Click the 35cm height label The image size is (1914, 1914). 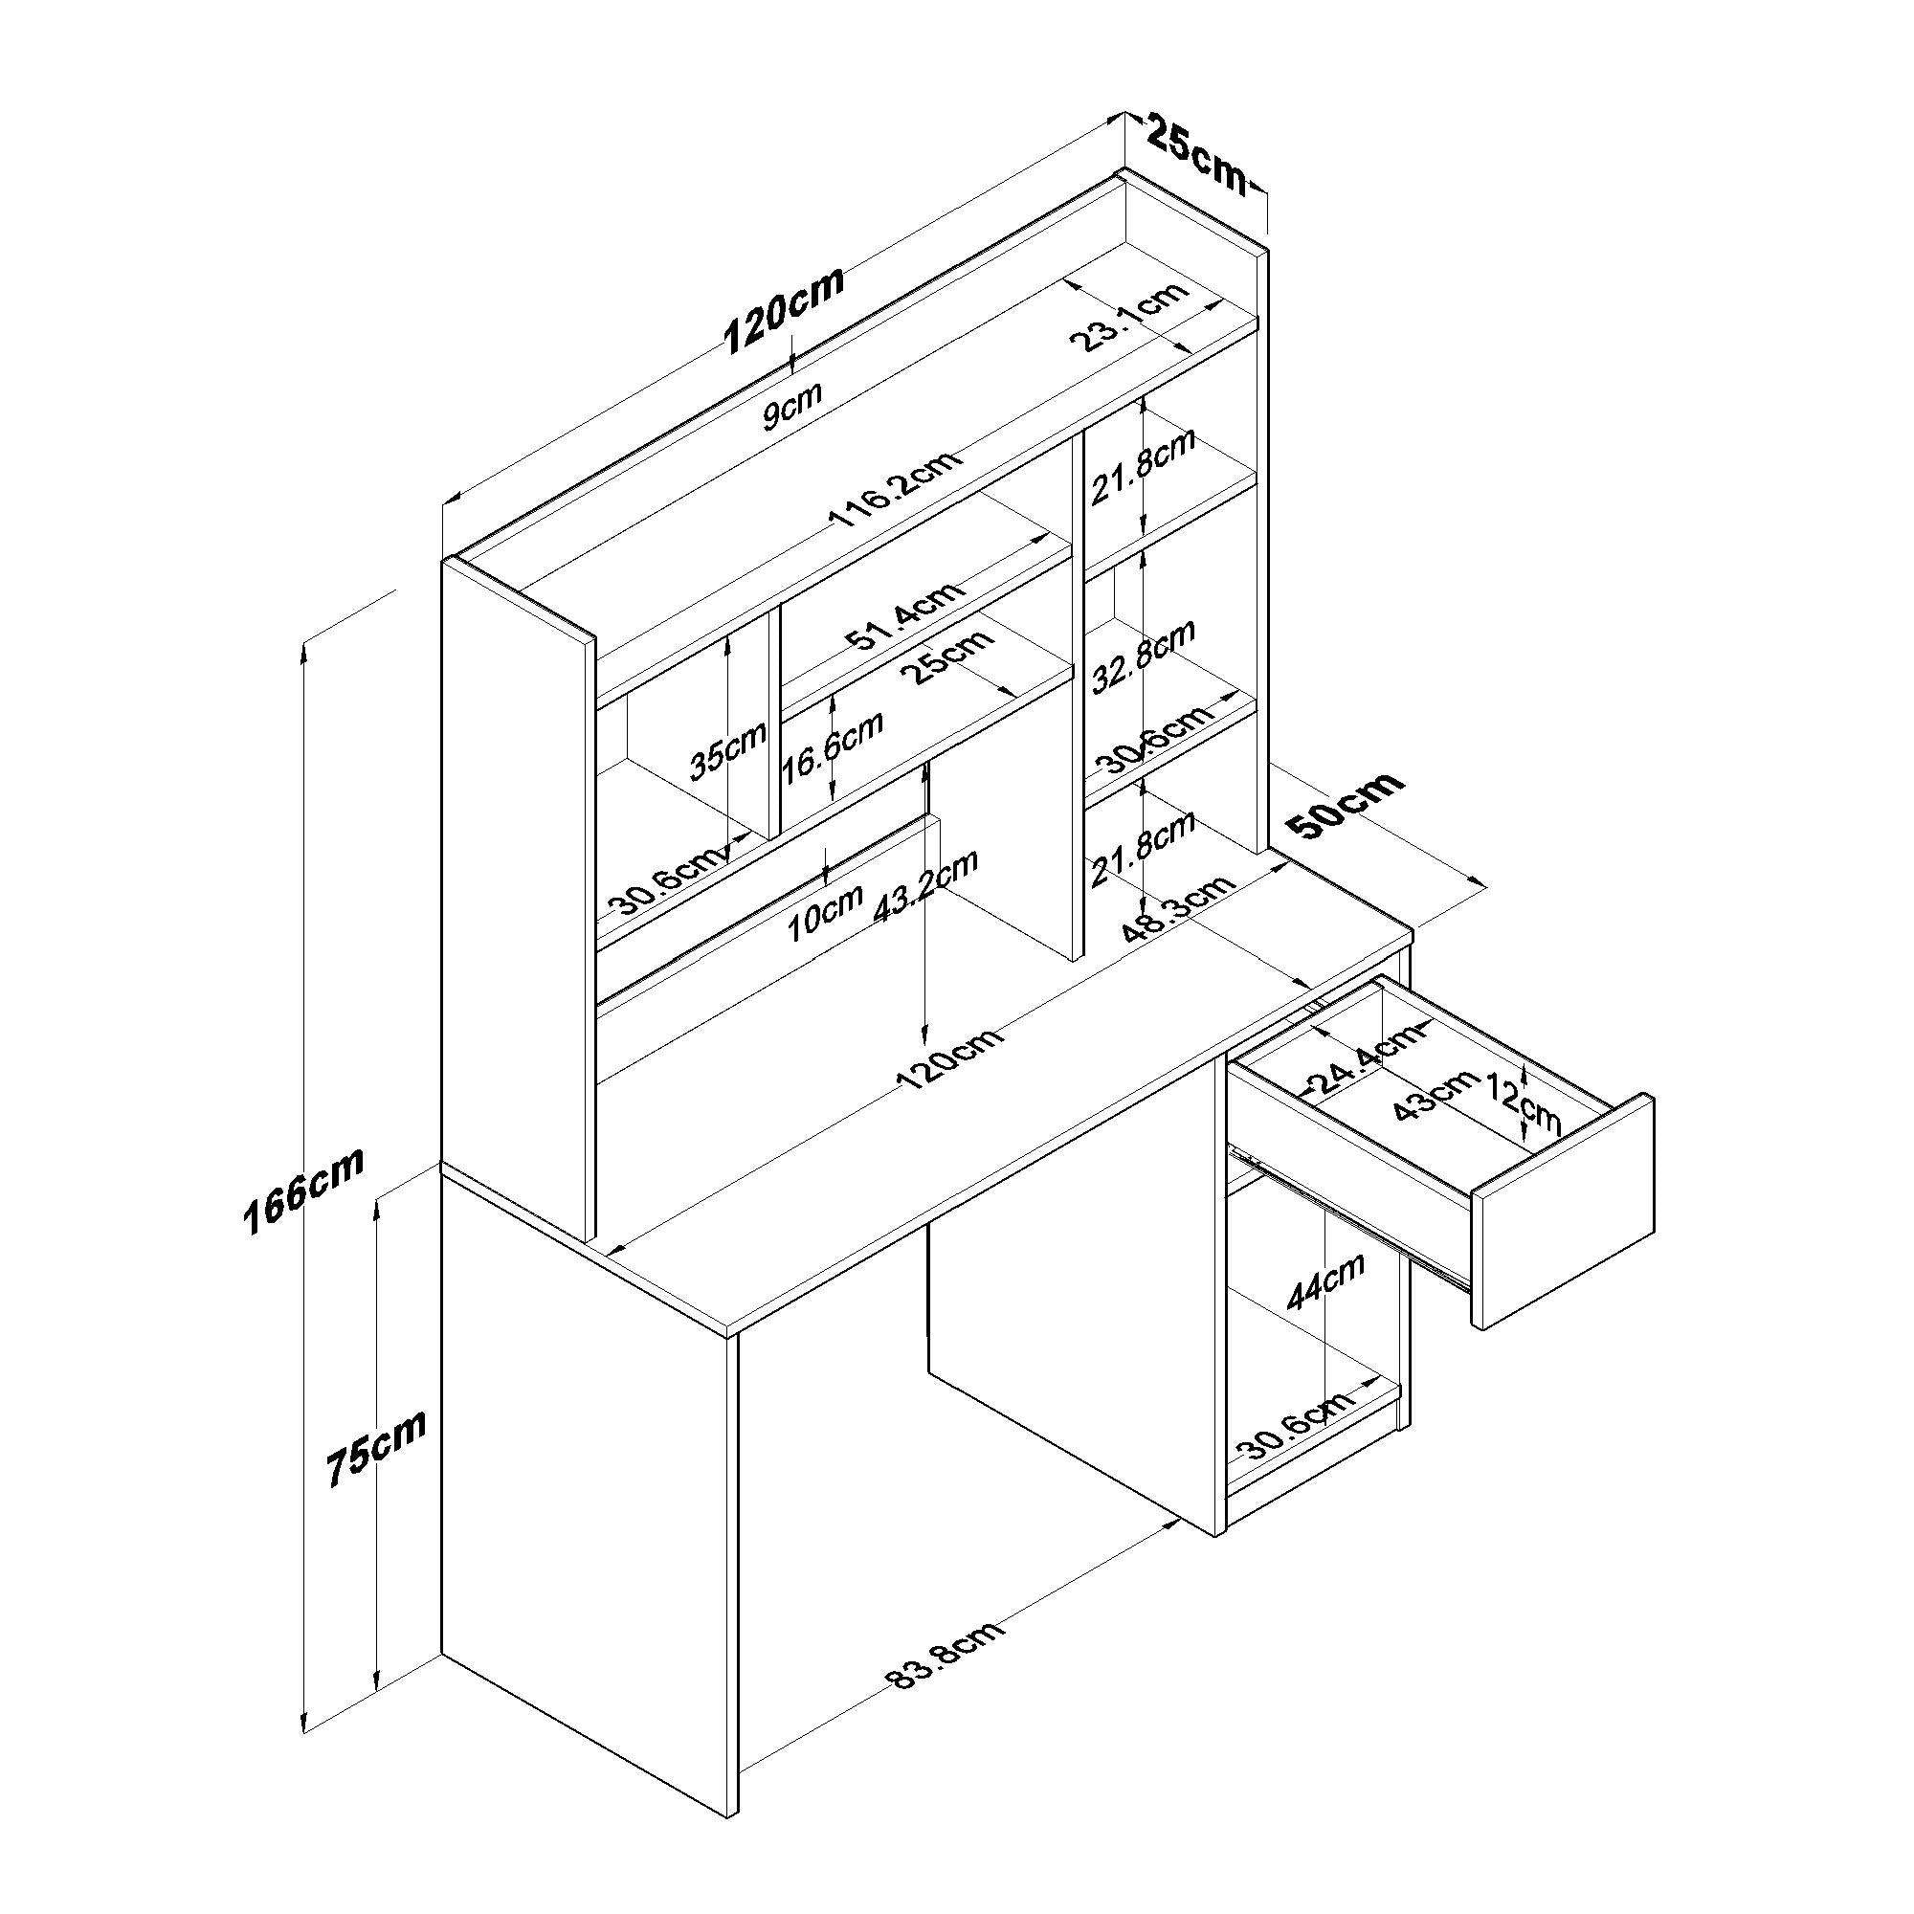[728, 749]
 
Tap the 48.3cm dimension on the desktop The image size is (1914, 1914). [1179, 908]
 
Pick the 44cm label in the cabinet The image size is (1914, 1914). [1326, 1281]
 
